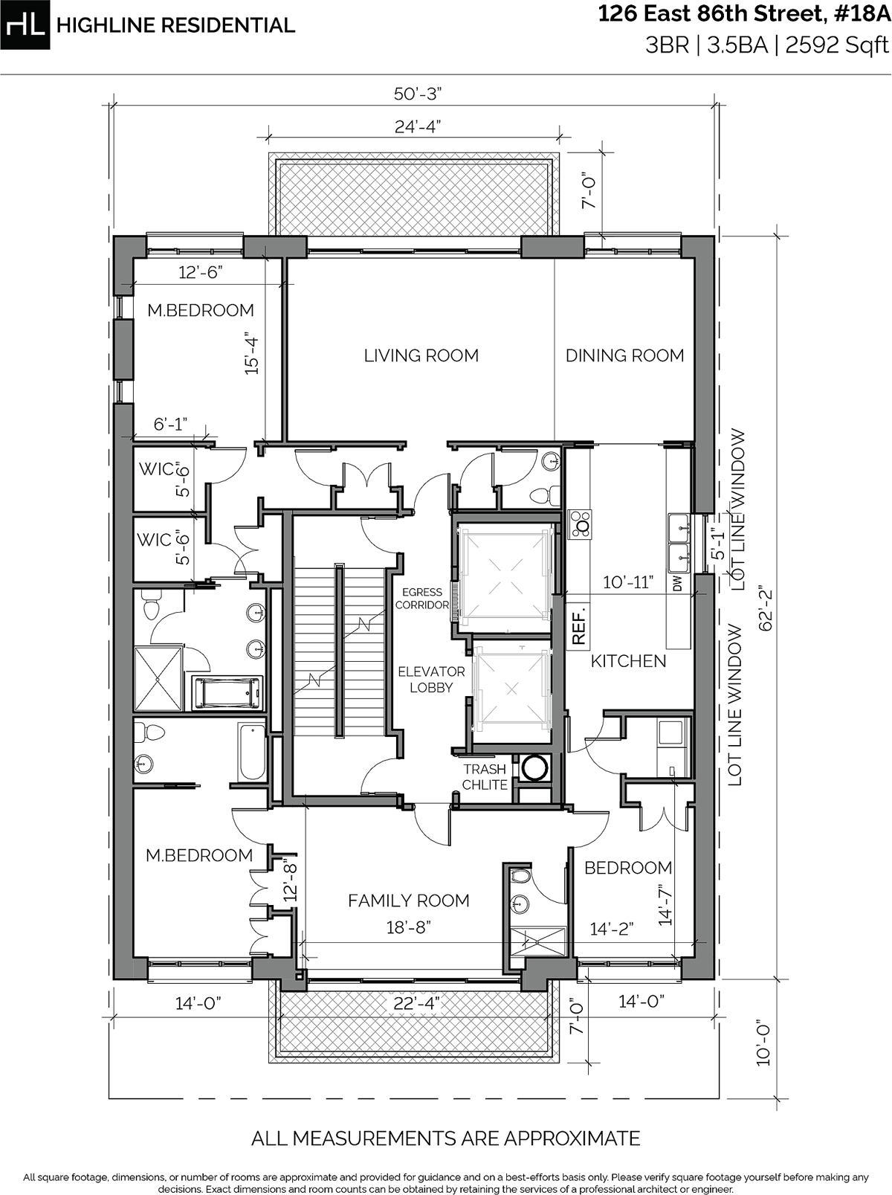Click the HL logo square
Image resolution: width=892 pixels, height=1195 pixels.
pos(25,25)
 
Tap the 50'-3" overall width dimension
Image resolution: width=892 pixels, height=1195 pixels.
pos(418,94)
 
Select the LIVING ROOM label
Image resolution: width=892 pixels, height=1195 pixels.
pos(421,355)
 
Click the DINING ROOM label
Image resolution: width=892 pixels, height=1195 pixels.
pos(624,355)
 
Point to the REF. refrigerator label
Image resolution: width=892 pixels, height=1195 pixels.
pos(580,627)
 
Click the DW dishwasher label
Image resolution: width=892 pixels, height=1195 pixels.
pos(677,585)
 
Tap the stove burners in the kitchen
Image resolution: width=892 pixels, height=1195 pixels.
pos(580,524)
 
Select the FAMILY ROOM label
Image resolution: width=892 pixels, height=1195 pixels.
pos(408,901)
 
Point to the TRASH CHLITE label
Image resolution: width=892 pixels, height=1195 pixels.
pos(485,777)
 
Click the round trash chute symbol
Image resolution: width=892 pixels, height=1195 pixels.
pos(534,768)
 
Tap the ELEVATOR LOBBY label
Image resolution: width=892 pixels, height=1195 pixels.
pos(431,680)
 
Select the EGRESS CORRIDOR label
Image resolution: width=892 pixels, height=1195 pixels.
pos(421,599)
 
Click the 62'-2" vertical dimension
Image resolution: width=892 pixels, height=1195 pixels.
pos(765,610)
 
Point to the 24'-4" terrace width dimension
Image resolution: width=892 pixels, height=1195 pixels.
pos(418,126)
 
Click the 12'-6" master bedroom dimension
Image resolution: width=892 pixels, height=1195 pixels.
pos(201,273)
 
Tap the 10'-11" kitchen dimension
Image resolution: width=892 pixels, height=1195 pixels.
pos(627,582)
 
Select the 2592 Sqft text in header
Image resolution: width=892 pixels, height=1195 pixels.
pos(837,46)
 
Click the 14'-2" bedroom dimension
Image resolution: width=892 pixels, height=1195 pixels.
pos(611,929)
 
